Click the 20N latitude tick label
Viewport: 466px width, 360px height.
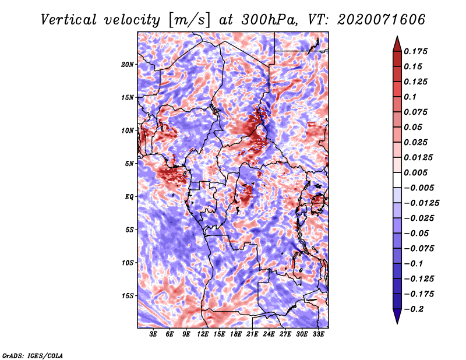pyautogui.click(x=128, y=65)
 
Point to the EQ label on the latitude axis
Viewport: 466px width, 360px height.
pyautogui.click(x=129, y=197)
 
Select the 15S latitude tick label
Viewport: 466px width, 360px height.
pyautogui.click(x=128, y=296)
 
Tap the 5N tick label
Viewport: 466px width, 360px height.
pyautogui.click(x=129, y=164)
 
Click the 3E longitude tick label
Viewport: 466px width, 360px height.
pyautogui.click(x=153, y=334)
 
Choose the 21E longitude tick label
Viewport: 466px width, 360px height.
pyautogui.click(x=252, y=334)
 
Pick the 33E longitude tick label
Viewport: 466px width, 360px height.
pyautogui.click(x=318, y=334)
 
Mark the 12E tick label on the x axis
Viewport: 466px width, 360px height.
pyautogui.click(x=203, y=334)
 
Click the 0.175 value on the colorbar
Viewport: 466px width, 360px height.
pyautogui.click(x=415, y=51)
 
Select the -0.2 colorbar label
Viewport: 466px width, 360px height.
pyautogui.click(x=414, y=309)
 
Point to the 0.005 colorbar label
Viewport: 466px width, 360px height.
pyautogui.click(x=415, y=172)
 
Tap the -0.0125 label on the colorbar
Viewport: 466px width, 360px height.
pyautogui.click(x=421, y=203)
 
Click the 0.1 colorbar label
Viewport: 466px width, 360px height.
pyautogui.click(x=410, y=97)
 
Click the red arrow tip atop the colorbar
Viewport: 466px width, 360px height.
pyautogui.click(x=397, y=36)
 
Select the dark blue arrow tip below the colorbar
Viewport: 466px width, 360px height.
pyautogui.click(x=397, y=323)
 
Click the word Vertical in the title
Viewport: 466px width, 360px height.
pyautogui.click(x=69, y=20)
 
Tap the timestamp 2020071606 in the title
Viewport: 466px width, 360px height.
pyautogui.click(x=382, y=20)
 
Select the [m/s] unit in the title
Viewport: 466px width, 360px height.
pyautogui.click(x=189, y=20)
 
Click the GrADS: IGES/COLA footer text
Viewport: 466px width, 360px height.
pyautogui.click(x=33, y=356)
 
